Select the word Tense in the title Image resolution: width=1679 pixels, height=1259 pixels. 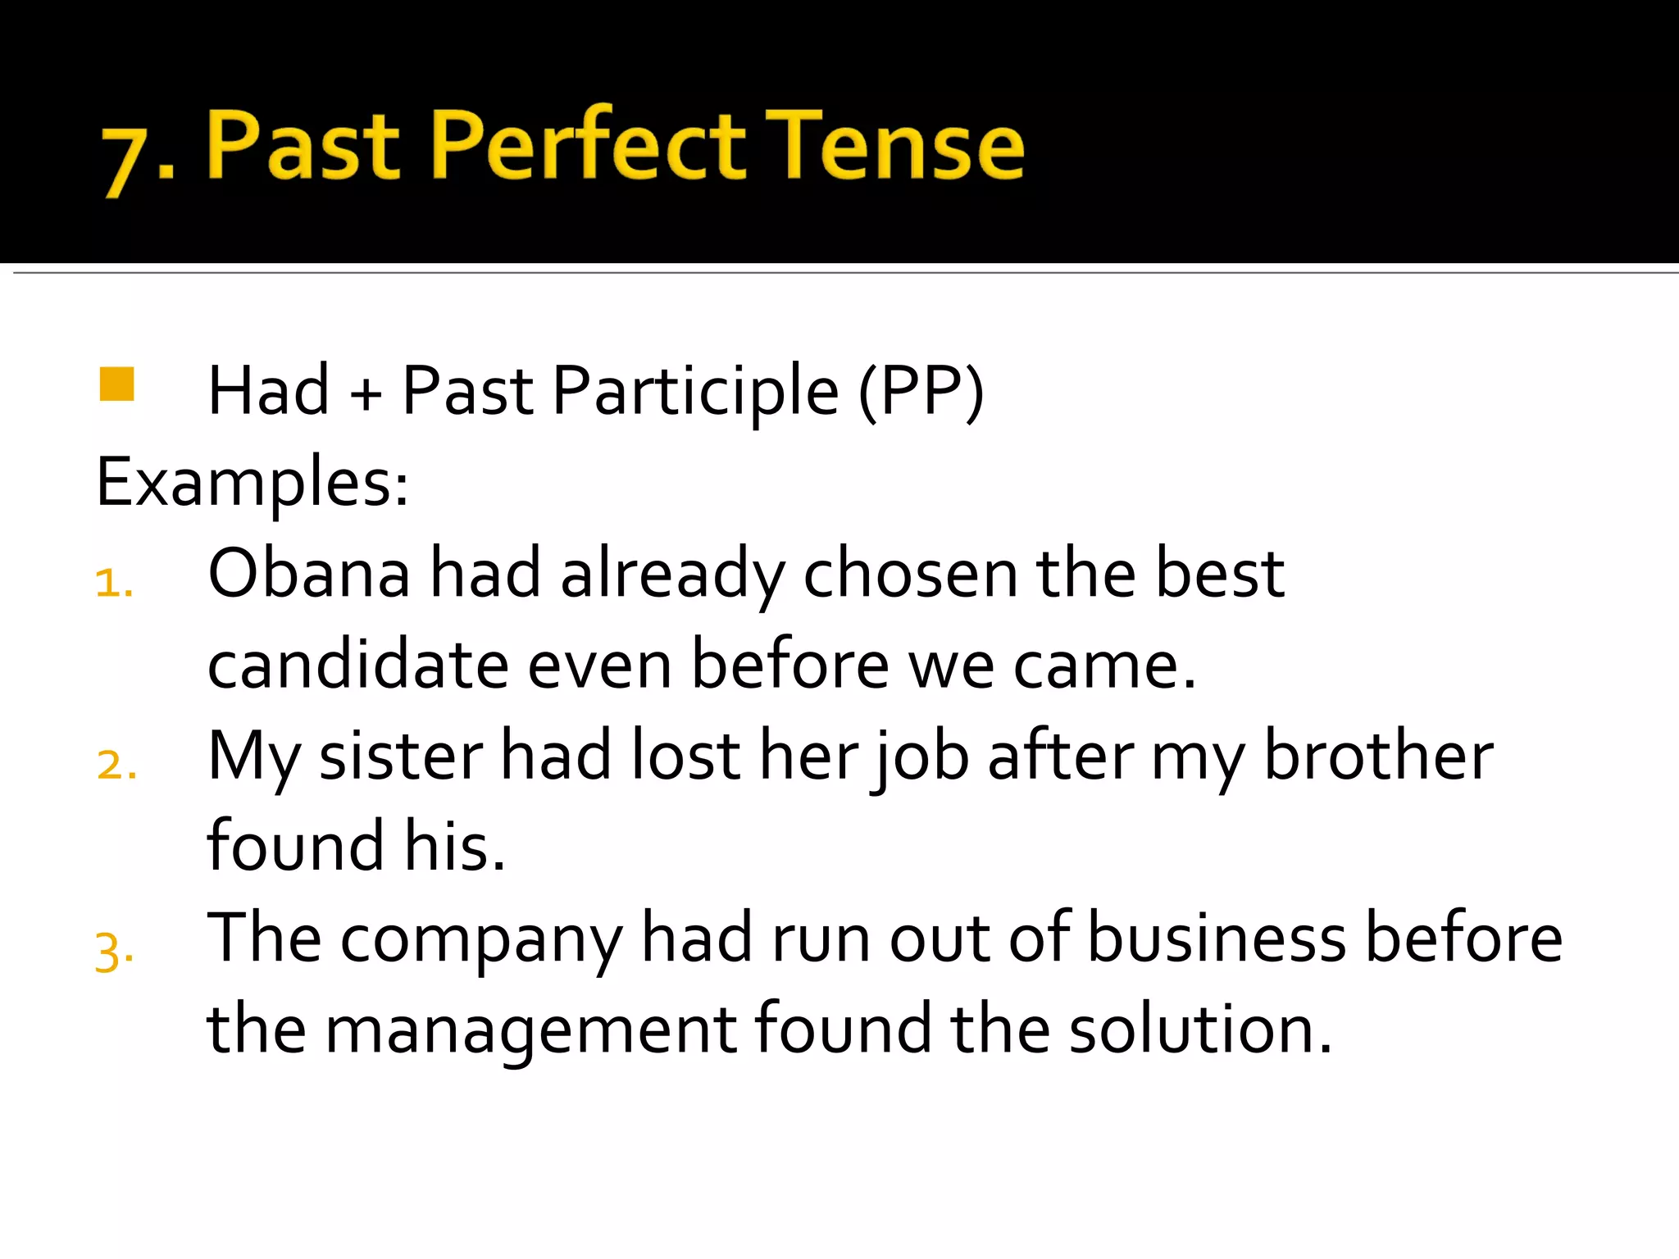pyautogui.click(x=894, y=146)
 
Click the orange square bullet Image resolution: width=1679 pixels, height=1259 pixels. pyautogui.click(x=116, y=384)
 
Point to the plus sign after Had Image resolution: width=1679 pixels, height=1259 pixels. pyautogui.click(x=366, y=393)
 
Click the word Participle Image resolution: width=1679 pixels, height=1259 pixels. pyautogui.click(x=695, y=392)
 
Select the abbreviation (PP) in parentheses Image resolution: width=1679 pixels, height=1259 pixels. pyautogui.click(x=921, y=392)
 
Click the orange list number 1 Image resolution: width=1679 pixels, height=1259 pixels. pyautogui.click(x=112, y=584)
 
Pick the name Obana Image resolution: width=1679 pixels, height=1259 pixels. pyautogui.click(x=309, y=574)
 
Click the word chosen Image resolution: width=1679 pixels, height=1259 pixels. pyautogui.click(x=910, y=574)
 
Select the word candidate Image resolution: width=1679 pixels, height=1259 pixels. pyautogui.click(x=358, y=666)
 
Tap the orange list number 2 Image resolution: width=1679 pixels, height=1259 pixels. pyautogui.click(x=115, y=766)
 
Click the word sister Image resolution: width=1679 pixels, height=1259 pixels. pyautogui.click(x=401, y=757)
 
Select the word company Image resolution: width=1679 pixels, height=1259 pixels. pyautogui.click(x=481, y=940)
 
